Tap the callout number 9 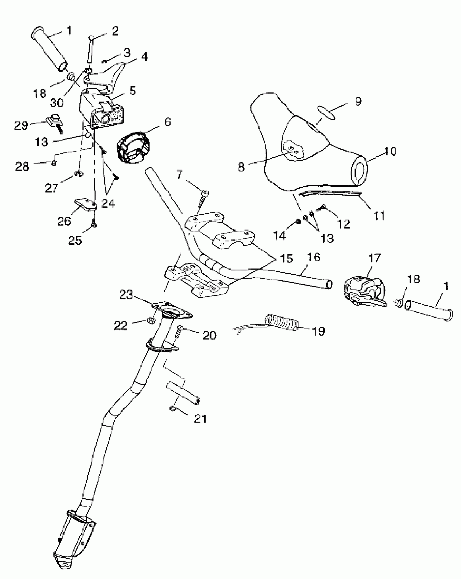coord(358,101)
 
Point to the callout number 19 coord(318,331)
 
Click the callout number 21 coord(200,418)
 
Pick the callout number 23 coord(126,295)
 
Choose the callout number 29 coord(21,125)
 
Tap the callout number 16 coord(314,257)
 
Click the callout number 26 coord(64,221)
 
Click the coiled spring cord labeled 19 coord(282,322)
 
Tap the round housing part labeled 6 coord(133,148)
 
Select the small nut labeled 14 coord(297,222)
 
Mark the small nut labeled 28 coord(54,163)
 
